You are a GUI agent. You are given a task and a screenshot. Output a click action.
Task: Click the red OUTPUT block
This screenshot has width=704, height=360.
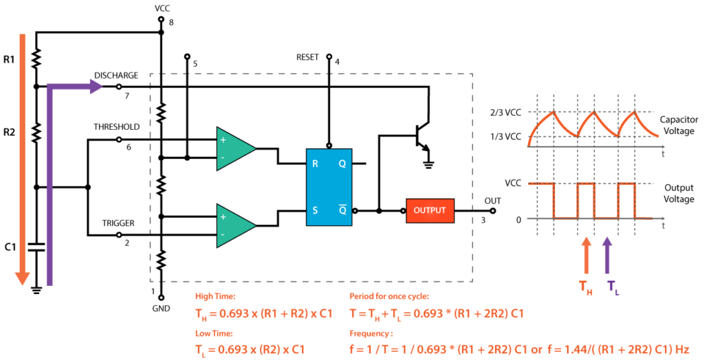430,210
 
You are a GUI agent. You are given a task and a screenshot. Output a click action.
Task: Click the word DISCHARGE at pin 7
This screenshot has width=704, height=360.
116,76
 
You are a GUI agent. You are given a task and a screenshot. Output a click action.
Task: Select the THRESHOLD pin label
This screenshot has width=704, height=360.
117,127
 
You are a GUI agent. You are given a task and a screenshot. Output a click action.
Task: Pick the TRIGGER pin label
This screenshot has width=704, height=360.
118,223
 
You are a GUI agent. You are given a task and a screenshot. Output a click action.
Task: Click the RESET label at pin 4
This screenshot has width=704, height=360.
307,58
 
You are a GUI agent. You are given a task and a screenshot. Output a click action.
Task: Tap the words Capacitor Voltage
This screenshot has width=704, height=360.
679,124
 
